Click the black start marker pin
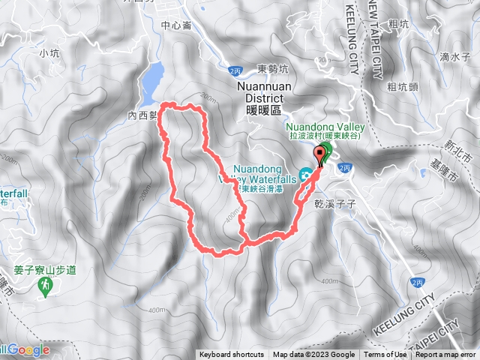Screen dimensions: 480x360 point(322,154)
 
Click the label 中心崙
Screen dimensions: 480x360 point(176,25)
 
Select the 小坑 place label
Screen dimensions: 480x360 point(49,53)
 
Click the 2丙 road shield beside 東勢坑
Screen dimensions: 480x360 point(235,70)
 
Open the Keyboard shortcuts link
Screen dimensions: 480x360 point(231,355)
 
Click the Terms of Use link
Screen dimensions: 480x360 point(385,355)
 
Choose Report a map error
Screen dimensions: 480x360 point(445,355)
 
